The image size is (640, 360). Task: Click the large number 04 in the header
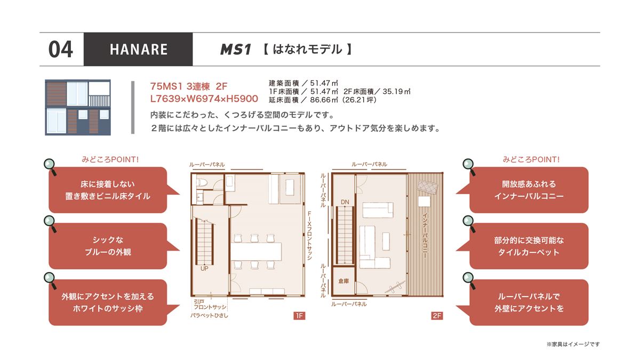pyautogui.click(x=61, y=50)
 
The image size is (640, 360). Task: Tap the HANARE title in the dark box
pyautogui.click(x=139, y=50)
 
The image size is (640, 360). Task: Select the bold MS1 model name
pyautogui.click(x=236, y=50)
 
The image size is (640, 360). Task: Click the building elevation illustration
pyautogui.click(x=78, y=107)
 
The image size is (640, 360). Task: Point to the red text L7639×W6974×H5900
pyautogui.click(x=204, y=99)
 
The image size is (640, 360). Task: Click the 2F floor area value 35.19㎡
pyautogui.click(x=396, y=91)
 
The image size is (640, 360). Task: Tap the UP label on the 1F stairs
pyautogui.click(x=204, y=269)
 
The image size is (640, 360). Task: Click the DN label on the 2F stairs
pyautogui.click(x=345, y=202)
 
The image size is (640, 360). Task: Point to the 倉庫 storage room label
pyautogui.click(x=343, y=281)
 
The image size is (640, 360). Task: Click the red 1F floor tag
pyautogui.click(x=299, y=316)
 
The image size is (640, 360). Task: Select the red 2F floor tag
pyautogui.click(x=437, y=316)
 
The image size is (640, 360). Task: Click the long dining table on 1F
pyautogui.click(x=256, y=251)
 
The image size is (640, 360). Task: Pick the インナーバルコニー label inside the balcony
pyautogui.click(x=425, y=236)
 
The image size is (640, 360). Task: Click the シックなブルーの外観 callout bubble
pyautogui.click(x=108, y=246)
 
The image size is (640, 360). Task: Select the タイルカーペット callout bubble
pyautogui.click(x=529, y=246)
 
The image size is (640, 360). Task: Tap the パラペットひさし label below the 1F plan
pyautogui.click(x=210, y=316)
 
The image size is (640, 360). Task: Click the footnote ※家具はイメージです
pyautogui.click(x=573, y=345)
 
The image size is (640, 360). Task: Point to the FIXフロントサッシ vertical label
pyautogui.click(x=309, y=235)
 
